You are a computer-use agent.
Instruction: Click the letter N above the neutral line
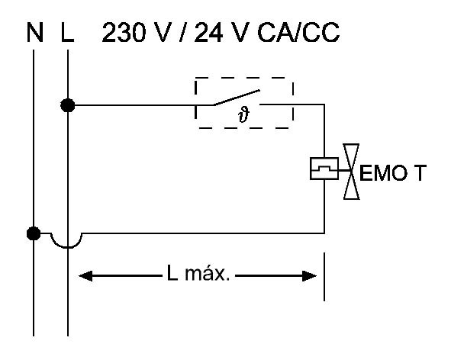35,32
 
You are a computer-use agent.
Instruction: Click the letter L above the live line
68,32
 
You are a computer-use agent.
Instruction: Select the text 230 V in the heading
134,32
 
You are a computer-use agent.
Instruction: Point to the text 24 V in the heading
221,32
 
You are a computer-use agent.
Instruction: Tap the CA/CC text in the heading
298,32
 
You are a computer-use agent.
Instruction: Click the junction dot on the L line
68,105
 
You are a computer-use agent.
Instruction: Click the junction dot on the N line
34,233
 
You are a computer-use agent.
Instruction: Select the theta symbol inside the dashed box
243,114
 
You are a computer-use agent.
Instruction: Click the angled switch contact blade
237,98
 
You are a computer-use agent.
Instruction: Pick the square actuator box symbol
324,169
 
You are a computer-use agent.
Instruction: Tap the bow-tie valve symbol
351,172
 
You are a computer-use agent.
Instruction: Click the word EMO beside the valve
383,173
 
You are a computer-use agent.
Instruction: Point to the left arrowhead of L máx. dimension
85,276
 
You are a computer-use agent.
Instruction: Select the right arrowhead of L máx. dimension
310,276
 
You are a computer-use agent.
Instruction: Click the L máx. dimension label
198,273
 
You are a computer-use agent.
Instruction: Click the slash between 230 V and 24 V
182,32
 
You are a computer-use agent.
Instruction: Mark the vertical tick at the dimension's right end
324,277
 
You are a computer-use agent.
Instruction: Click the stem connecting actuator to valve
344,171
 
